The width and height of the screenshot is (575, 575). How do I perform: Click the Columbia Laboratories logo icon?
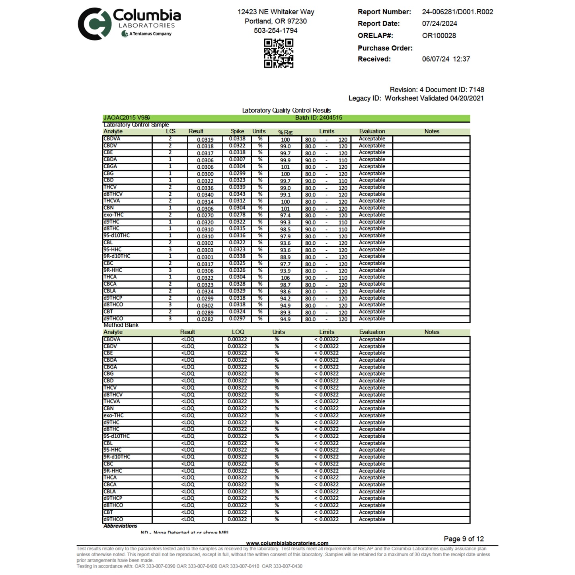tap(94, 24)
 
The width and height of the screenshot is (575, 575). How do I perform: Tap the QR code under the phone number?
tap(279, 53)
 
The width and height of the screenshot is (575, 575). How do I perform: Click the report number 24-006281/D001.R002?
tap(457, 12)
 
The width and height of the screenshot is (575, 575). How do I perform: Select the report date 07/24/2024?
tap(439, 23)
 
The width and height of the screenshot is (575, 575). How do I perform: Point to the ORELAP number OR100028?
tap(439, 35)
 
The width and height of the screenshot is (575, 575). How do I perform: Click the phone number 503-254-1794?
tap(275, 30)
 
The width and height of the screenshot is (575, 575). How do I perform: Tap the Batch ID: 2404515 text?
tap(318, 118)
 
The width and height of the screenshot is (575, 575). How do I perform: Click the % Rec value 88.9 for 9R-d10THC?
tap(285, 257)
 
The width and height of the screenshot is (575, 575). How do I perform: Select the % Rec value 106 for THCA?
tap(285, 278)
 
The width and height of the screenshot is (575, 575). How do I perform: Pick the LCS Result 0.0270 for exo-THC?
tap(205, 215)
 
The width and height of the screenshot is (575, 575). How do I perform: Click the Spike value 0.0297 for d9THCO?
tap(237, 319)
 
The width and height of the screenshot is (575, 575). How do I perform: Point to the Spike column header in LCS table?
tap(237, 131)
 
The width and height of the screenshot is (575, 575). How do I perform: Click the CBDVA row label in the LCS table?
tap(112, 139)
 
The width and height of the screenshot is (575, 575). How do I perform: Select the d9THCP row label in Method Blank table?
tap(113, 498)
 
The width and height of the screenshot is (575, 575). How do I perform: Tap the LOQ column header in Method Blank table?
tap(238, 332)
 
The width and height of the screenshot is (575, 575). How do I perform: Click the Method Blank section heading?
tap(121, 325)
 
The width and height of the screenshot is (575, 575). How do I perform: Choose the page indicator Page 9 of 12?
tap(464, 539)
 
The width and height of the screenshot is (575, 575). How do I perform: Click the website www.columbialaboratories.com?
tap(287, 543)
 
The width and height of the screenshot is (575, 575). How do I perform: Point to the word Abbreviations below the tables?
tap(120, 526)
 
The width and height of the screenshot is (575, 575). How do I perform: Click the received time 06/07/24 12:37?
tap(446, 59)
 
